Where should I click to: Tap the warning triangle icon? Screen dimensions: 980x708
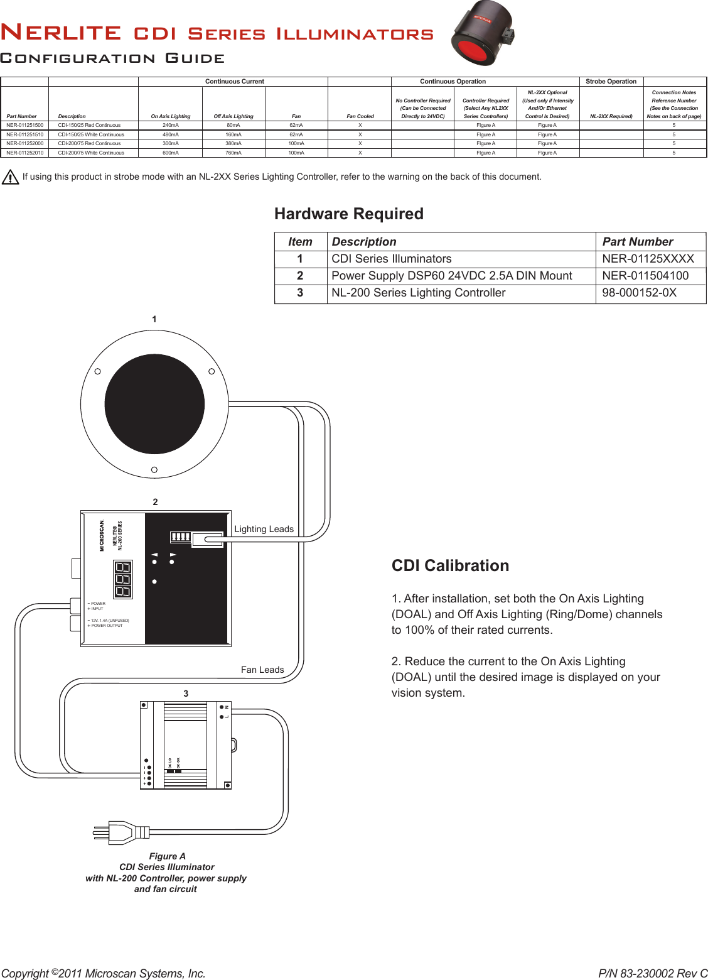(10, 178)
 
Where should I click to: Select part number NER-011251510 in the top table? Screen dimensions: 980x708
(25, 134)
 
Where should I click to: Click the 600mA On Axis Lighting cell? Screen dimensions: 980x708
(171, 153)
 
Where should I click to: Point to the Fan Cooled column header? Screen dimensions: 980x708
(360, 116)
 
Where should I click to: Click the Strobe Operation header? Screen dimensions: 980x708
(611, 82)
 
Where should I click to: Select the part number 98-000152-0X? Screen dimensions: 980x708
(639, 293)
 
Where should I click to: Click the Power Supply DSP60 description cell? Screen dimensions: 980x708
(451, 276)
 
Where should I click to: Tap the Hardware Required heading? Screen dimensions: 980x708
(349, 214)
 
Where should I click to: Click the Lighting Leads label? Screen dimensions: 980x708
(264, 529)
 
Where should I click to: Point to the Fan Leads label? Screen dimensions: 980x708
(262, 670)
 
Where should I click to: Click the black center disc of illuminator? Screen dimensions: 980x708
(154, 404)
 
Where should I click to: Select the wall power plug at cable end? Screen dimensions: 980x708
(119, 832)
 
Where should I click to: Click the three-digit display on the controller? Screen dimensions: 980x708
(123, 579)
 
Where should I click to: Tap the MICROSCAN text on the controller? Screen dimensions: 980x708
(102, 535)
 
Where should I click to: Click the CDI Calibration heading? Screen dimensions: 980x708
(450, 566)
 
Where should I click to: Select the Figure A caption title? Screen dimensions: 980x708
(167, 856)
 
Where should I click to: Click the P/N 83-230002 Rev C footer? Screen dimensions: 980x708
(652, 973)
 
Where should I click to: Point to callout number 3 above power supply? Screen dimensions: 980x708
(186, 694)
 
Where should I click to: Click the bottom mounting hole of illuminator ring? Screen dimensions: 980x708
(154, 469)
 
